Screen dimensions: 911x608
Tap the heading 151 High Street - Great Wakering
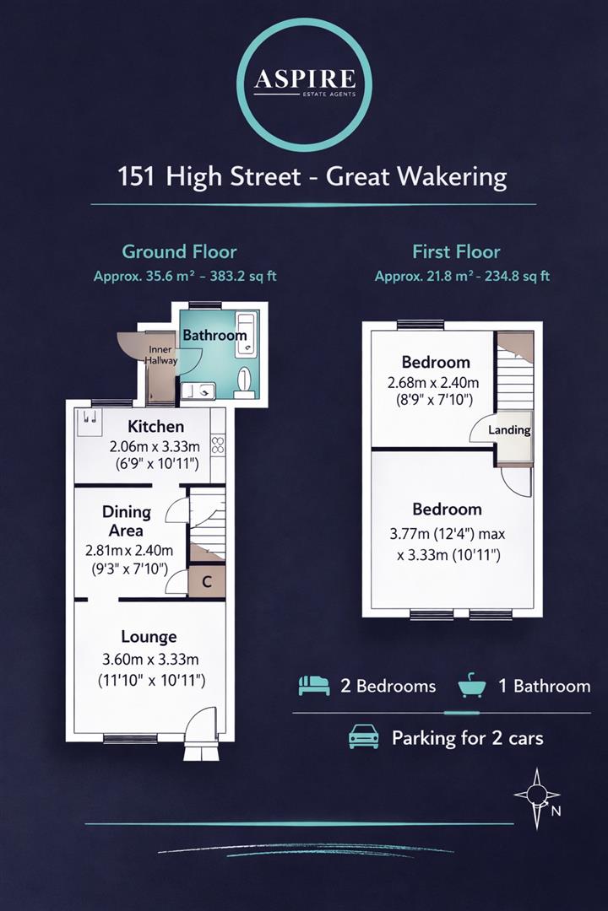click(x=312, y=177)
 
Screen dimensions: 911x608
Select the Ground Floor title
click(x=179, y=251)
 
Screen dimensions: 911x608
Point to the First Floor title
click(x=456, y=251)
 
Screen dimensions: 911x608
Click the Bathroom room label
click(x=214, y=335)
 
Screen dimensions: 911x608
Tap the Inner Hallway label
click(x=162, y=355)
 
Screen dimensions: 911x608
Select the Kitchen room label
click(x=155, y=427)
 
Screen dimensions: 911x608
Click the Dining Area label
click(x=127, y=521)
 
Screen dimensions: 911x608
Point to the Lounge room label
click(x=149, y=637)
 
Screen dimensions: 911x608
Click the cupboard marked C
click(x=207, y=581)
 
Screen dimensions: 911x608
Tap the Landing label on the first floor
click(x=510, y=430)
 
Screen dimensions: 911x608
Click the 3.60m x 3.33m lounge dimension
click(x=149, y=660)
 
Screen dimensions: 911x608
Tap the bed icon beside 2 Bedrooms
click(x=313, y=686)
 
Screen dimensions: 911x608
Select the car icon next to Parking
click(x=364, y=737)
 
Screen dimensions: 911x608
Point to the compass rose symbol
click(x=536, y=794)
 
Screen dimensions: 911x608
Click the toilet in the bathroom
click(x=244, y=380)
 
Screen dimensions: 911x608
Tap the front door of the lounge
click(x=203, y=724)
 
